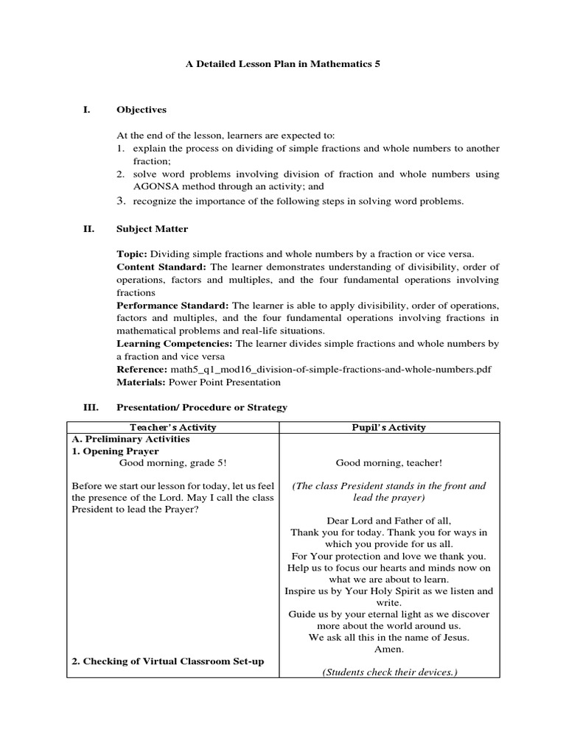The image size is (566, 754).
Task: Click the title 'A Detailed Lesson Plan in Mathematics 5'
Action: (282, 64)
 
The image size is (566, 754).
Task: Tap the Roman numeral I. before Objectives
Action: (86, 110)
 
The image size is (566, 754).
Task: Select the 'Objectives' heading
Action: (141, 110)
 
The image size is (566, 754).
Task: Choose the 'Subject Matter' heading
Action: (152, 229)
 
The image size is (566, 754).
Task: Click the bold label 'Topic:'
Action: (132, 254)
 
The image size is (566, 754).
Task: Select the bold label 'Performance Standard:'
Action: (173, 305)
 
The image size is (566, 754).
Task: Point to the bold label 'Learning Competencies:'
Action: (175, 344)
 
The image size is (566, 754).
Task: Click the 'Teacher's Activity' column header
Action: (173, 427)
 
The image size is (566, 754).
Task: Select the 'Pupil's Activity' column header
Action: (390, 427)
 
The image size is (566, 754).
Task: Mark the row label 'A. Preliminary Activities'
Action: (130, 439)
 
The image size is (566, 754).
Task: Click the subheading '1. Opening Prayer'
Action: (115, 451)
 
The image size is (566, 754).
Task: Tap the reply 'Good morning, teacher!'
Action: (389, 463)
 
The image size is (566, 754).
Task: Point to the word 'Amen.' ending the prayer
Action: (389, 649)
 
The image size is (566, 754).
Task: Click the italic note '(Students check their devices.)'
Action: (389, 672)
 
